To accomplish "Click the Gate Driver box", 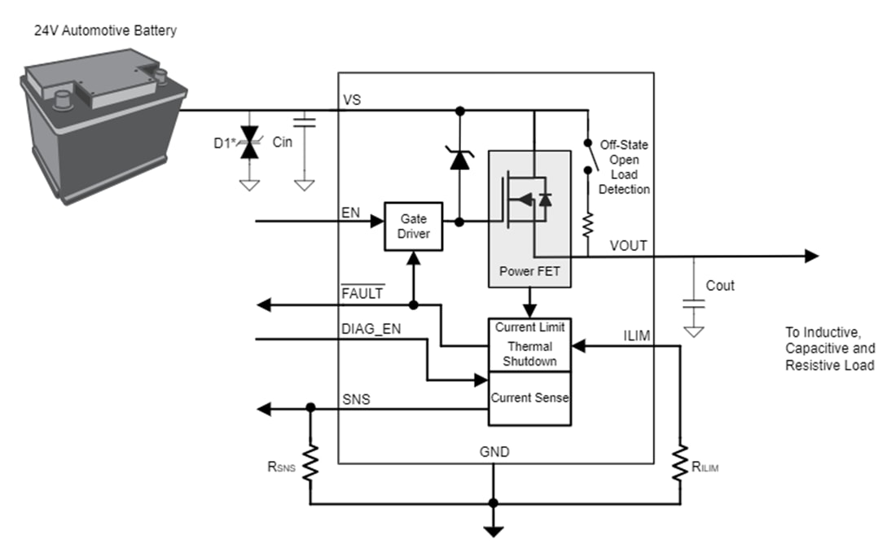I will coord(413,226).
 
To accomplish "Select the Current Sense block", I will coord(529,398).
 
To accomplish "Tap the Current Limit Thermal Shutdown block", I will coord(529,344).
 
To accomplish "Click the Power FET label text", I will coord(529,272).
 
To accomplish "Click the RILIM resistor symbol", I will coord(680,464).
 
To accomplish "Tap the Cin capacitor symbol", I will coord(304,123).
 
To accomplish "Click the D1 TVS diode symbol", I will coord(250,142).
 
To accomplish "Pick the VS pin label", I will coord(352,100).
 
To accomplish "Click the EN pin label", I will coord(349,212).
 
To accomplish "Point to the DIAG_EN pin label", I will coord(371,328).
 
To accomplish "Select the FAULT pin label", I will coord(362,293).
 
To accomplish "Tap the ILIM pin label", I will coord(637,333).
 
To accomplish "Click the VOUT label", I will coord(628,245).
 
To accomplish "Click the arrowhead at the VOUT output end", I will coord(811,257).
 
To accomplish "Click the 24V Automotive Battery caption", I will coord(105,30).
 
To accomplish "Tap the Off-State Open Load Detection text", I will coord(625,167).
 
